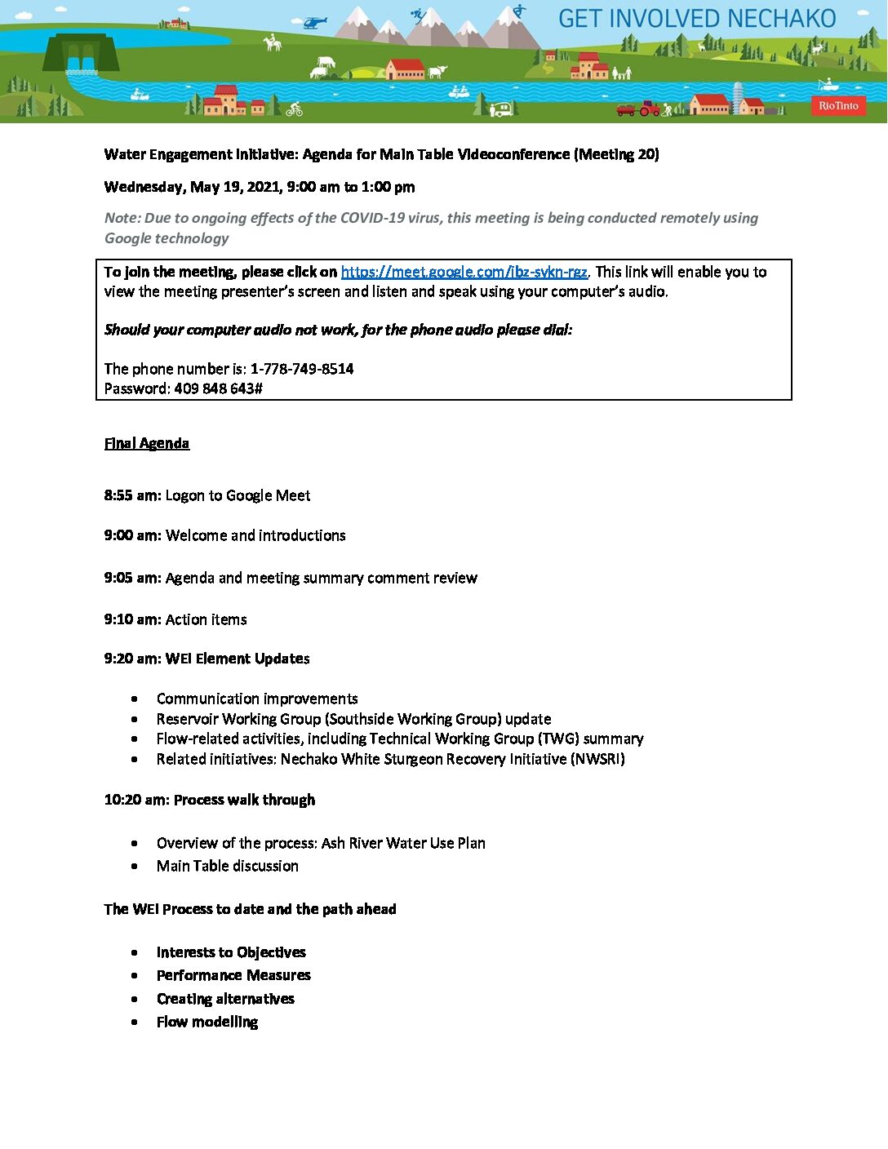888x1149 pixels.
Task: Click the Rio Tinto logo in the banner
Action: click(x=838, y=105)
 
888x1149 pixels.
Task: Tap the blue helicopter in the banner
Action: click(x=313, y=22)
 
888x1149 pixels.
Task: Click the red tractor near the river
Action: click(x=649, y=108)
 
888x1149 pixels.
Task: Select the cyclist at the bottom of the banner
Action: click(x=295, y=109)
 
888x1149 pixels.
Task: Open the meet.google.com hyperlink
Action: click(x=464, y=272)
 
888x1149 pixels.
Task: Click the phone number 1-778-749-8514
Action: click(x=302, y=369)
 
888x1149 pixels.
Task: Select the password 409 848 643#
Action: click(x=218, y=388)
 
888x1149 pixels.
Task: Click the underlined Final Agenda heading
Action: click(x=147, y=443)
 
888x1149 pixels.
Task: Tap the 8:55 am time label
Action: click(x=132, y=495)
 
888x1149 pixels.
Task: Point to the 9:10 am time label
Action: click(x=132, y=619)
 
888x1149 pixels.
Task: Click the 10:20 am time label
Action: click(x=136, y=800)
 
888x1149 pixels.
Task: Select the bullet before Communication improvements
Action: click(x=135, y=699)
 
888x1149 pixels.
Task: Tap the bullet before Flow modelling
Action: click(x=135, y=1023)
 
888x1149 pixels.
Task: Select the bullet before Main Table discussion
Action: click(x=135, y=867)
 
